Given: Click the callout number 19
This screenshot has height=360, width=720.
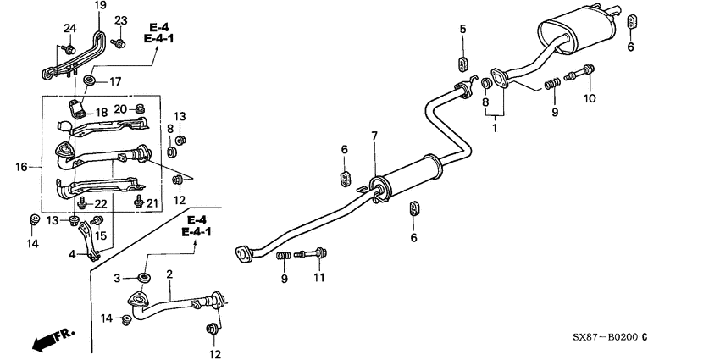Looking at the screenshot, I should coord(100,6).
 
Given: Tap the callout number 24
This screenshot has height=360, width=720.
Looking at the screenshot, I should coord(69,29).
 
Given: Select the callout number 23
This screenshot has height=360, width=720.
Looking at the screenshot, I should coord(120,20).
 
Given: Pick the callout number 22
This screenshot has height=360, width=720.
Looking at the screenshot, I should coord(102,204).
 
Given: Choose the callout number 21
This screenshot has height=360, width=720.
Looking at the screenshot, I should coord(152,203).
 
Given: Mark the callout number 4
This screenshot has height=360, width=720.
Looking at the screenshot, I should coord(73,253).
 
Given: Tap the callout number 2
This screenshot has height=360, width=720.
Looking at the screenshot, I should coord(169,274).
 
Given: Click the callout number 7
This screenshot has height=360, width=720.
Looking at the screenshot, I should coord(374,136).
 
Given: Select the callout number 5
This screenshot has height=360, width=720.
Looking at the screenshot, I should coord(462,30).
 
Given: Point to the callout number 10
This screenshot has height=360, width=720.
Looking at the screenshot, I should coord(590,98).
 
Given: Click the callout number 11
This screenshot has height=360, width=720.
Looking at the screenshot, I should coord(319,277).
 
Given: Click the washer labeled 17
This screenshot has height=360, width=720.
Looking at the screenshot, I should coord(90,81).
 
